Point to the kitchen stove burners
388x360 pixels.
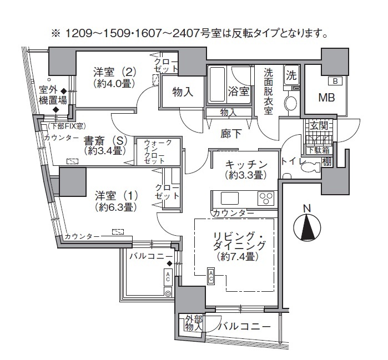tap(266, 197)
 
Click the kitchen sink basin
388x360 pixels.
tap(229, 197)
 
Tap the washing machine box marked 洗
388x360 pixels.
tap(291, 74)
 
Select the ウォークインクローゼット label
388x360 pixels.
tap(158, 151)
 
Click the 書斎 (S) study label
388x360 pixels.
tap(103, 140)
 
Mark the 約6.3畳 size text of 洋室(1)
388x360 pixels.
tap(115, 207)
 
